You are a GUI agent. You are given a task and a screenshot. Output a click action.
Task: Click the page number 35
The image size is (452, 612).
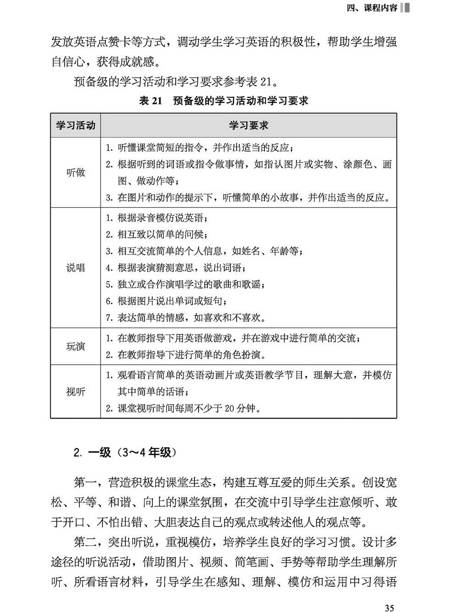pos(389,607)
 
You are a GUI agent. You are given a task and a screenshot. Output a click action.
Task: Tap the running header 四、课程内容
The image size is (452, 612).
pos(371,8)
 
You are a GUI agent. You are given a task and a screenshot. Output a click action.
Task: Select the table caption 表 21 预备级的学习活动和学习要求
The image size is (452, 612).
pos(223,101)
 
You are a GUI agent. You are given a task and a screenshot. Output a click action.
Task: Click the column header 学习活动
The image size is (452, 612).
pos(75,125)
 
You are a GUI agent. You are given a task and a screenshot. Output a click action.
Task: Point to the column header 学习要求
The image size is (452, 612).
pos(248,125)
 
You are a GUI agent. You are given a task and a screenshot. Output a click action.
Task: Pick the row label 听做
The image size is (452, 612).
pos(75,173)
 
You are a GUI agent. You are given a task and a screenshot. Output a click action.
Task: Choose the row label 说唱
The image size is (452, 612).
pos(75,268)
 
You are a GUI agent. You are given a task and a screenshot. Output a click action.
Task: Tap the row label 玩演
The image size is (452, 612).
pos(75,346)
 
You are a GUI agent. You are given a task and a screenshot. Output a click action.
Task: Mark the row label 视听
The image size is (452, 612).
pos(75,392)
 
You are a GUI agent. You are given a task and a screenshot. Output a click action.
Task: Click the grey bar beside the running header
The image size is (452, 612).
pos(404,7)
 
